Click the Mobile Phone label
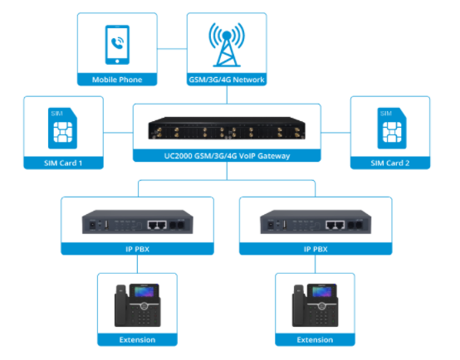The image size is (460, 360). [117, 80]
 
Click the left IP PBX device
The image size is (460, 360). [138, 223]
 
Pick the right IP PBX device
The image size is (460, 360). [314, 223]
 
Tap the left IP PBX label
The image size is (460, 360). [138, 248]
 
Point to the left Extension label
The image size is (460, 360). [138, 339]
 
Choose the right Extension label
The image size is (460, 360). [314, 339]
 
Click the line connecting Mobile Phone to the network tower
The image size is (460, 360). [174, 47]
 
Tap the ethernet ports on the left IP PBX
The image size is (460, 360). [155, 224]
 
